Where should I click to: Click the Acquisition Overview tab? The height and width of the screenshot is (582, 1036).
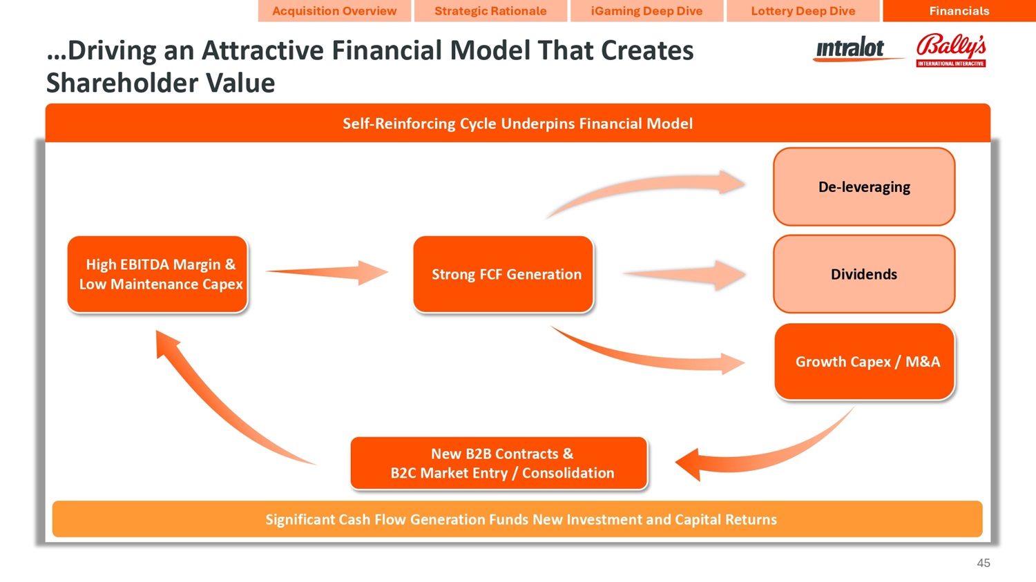[x=334, y=11]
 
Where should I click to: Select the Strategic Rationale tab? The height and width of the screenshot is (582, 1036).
[x=490, y=11]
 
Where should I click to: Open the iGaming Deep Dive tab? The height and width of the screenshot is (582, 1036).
[x=646, y=11]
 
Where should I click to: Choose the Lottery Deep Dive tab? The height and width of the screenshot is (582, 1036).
[x=803, y=11]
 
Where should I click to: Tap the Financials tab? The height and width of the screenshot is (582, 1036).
[x=959, y=11]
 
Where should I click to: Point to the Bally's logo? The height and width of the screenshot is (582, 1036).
[x=951, y=50]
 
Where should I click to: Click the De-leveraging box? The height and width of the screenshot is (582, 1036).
[x=864, y=187]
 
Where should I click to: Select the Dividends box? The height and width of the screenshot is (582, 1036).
[x=864, y=274]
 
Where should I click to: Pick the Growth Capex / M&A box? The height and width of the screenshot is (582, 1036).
[x=865, y=362]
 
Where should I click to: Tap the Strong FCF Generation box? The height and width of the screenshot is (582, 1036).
[x=503, y=274]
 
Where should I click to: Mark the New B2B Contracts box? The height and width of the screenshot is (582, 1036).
[x=499, y=463]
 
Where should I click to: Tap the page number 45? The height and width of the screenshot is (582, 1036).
[x=984, y=563]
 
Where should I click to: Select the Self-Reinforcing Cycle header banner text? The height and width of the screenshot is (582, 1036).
[x=517, y=124]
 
